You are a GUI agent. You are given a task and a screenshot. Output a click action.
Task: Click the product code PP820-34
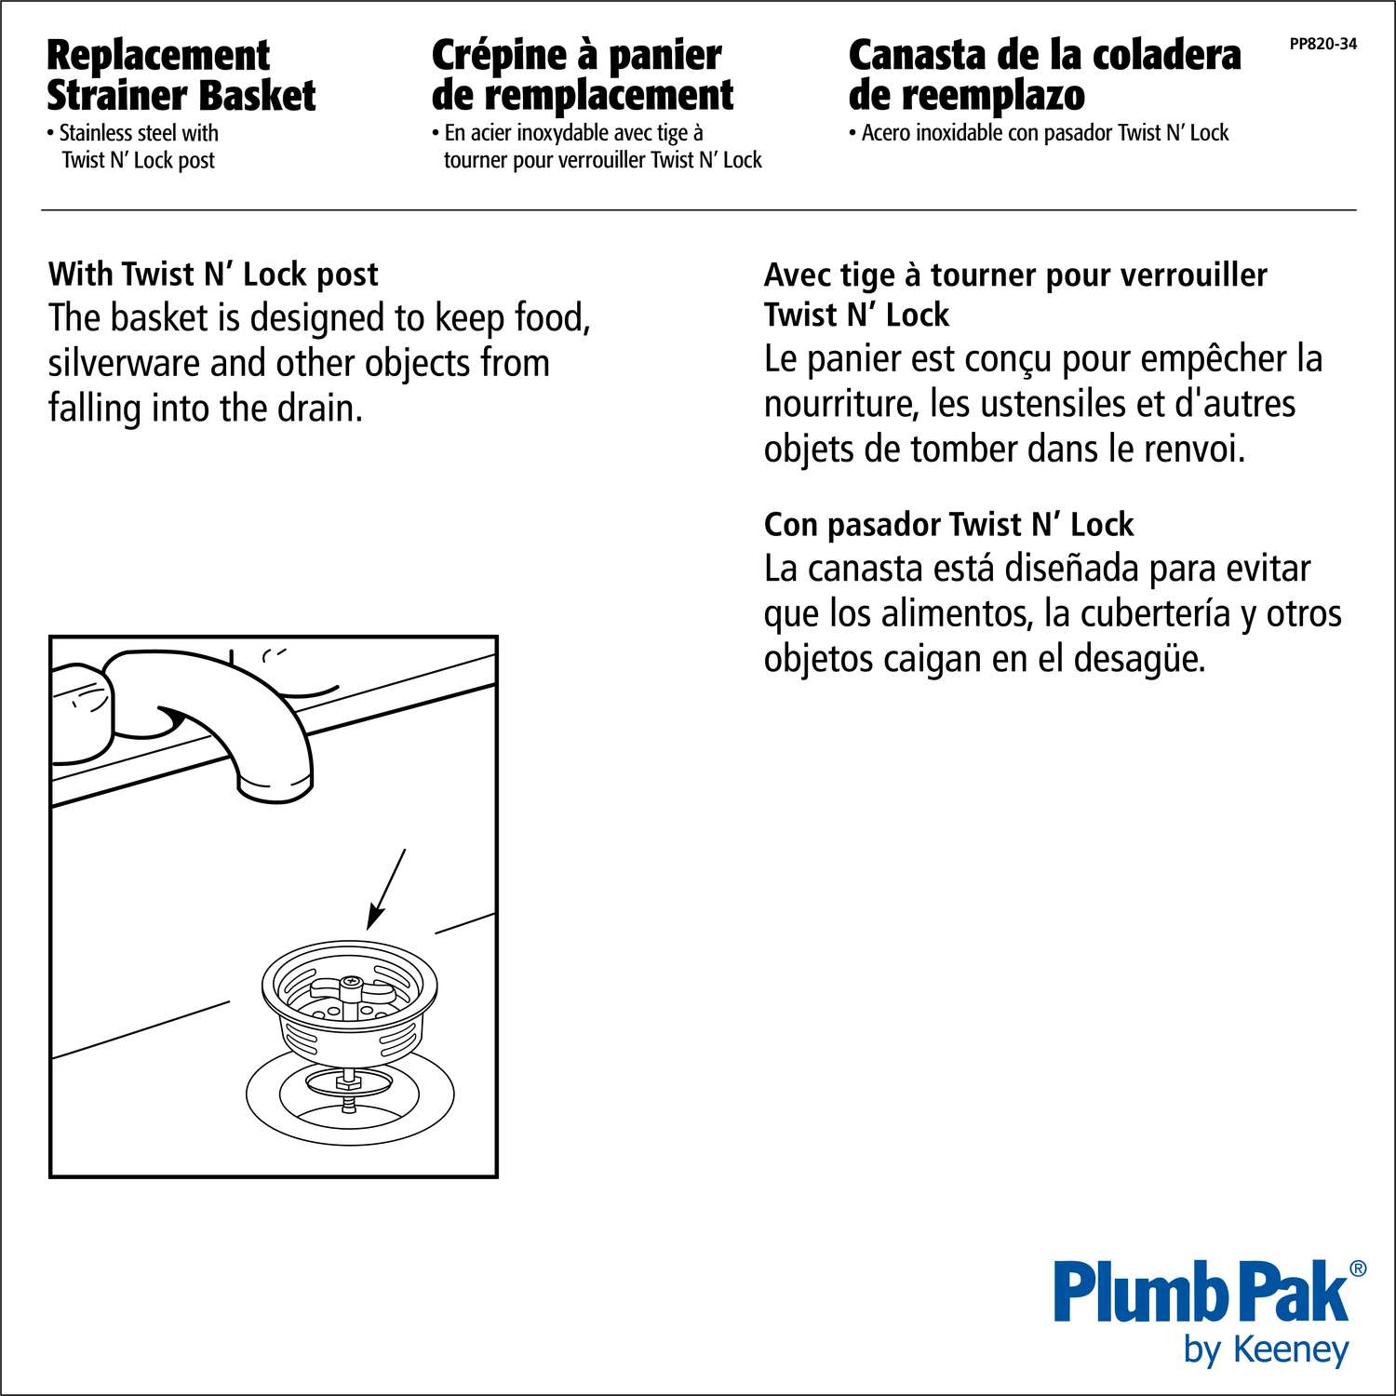1322,43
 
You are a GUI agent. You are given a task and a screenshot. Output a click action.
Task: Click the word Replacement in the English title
158,56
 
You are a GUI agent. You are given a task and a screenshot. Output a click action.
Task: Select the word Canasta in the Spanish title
916,56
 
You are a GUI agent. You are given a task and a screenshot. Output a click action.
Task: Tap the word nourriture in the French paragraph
841,404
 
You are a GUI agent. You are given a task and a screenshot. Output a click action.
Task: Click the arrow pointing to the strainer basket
386,889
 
